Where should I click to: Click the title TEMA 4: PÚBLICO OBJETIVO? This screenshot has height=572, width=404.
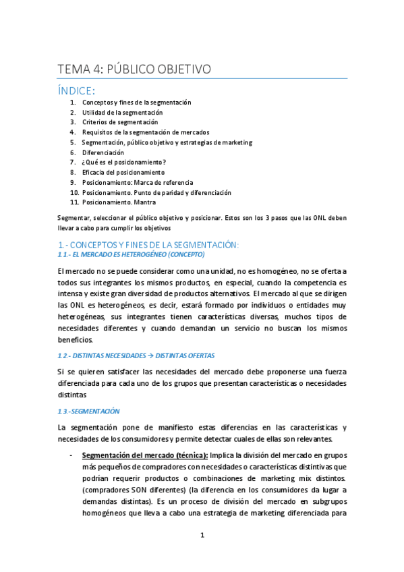pos(135,69)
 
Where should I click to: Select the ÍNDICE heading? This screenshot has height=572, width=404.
pos(76,90)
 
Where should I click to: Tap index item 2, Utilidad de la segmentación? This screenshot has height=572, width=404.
pos(122,113)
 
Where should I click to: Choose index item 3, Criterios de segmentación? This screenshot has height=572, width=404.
pos(120,122)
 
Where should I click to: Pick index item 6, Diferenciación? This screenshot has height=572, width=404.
pos(103,152)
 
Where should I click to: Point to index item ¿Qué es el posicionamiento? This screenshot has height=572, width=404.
pos(124,162)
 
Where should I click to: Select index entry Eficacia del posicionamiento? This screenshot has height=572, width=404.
pos(122,172)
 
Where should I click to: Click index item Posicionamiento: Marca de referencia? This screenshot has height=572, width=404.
pos(138,182)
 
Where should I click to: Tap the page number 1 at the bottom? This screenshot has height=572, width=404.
pos(202,536)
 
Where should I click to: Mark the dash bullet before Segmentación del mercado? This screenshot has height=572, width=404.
pos(71,455)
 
